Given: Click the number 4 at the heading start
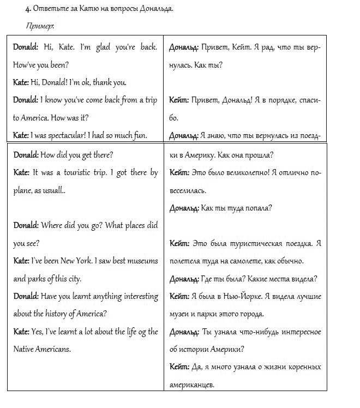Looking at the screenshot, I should pyautogui.click(x=27, y=10).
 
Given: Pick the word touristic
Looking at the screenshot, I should pyautogui.click(x=69, y=173).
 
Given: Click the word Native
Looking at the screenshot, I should pyautogui.click(x=24, y=349).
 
